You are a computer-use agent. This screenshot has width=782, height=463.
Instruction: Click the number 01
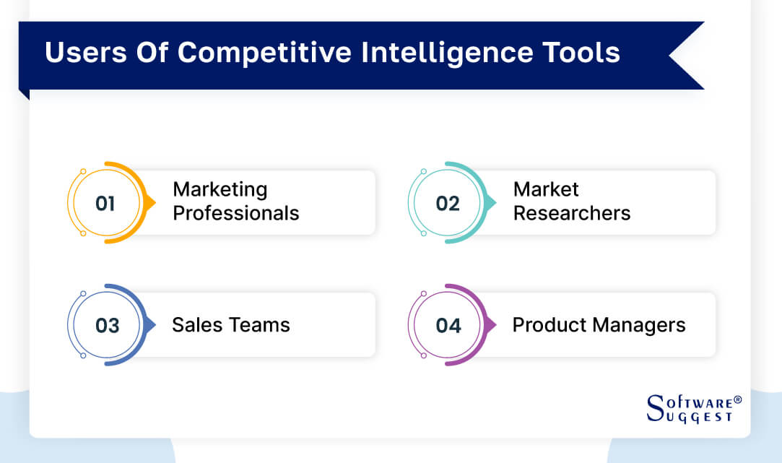[x=105, y=204]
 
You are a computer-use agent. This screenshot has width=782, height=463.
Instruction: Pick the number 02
[x=448, y=204]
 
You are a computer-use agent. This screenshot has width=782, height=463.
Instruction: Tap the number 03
[x=107, y=326]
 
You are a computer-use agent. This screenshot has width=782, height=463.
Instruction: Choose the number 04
[x=448, y=326]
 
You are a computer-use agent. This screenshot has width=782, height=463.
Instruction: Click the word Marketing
[x=220, y=189]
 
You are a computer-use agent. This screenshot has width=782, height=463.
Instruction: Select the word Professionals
[x=236, y=213]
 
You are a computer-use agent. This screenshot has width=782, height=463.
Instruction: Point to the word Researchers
[x=572, y=213]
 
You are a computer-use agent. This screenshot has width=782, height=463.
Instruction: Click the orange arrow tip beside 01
[x=151, y=203]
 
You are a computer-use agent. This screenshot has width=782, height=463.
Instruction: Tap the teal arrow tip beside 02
[x=492, y=203]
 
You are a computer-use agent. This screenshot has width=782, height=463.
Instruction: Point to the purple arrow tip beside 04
[x=492, y=325]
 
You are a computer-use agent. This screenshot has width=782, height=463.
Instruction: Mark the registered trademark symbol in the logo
[x=737, y=398]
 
